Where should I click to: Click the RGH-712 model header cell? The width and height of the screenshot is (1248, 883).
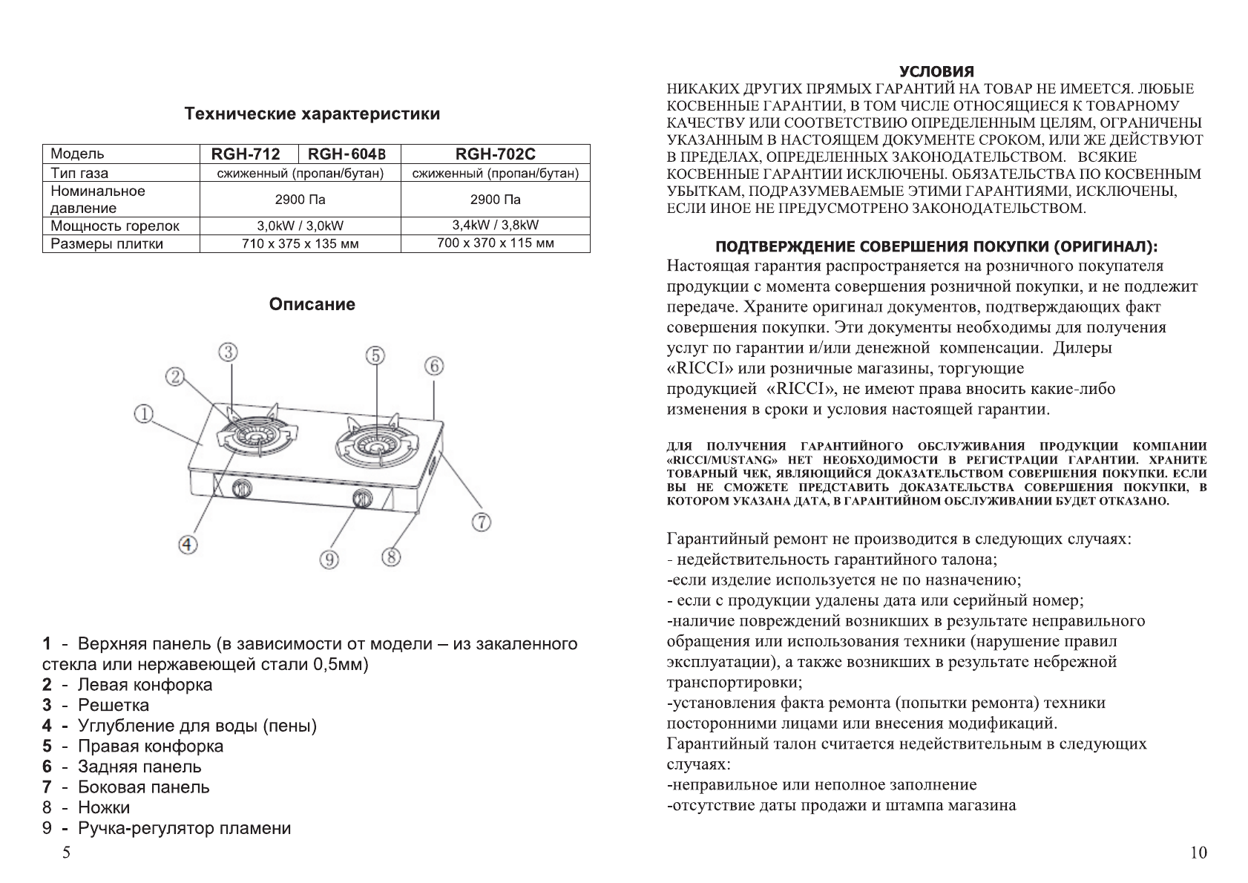(x=246, y=154)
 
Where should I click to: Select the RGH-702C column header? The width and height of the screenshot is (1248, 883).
(x=495, y=154)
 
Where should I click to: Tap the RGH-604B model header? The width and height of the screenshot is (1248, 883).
(x=347, y=154)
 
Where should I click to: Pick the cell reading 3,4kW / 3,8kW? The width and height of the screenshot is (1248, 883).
(x=495, y=225)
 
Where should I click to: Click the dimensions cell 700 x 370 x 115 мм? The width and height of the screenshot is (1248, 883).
(x=495, y=243)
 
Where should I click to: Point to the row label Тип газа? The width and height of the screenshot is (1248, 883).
(x=79, y=173)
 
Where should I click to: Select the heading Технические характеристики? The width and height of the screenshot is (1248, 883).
(x=312, y=114)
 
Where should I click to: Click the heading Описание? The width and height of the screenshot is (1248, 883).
(x=312, y=304)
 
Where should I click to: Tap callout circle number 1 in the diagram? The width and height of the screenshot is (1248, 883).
(x=144, y=413)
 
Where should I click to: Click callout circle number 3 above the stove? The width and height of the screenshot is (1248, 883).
(x=228, y=352)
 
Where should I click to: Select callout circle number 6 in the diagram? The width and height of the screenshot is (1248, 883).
(x=434, y=365)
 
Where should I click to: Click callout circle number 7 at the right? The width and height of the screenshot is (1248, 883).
(x=481, y=522)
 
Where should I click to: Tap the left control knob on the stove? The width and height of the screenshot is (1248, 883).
(x=242, y=488)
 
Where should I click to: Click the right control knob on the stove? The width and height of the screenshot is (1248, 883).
(x=361, y=499)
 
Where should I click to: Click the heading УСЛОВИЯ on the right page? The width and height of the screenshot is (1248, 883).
(x=936, y=72)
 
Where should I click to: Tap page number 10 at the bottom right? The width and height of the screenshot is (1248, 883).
(x=1198, y=853)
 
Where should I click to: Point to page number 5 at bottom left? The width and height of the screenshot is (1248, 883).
(x=67, y=853)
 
